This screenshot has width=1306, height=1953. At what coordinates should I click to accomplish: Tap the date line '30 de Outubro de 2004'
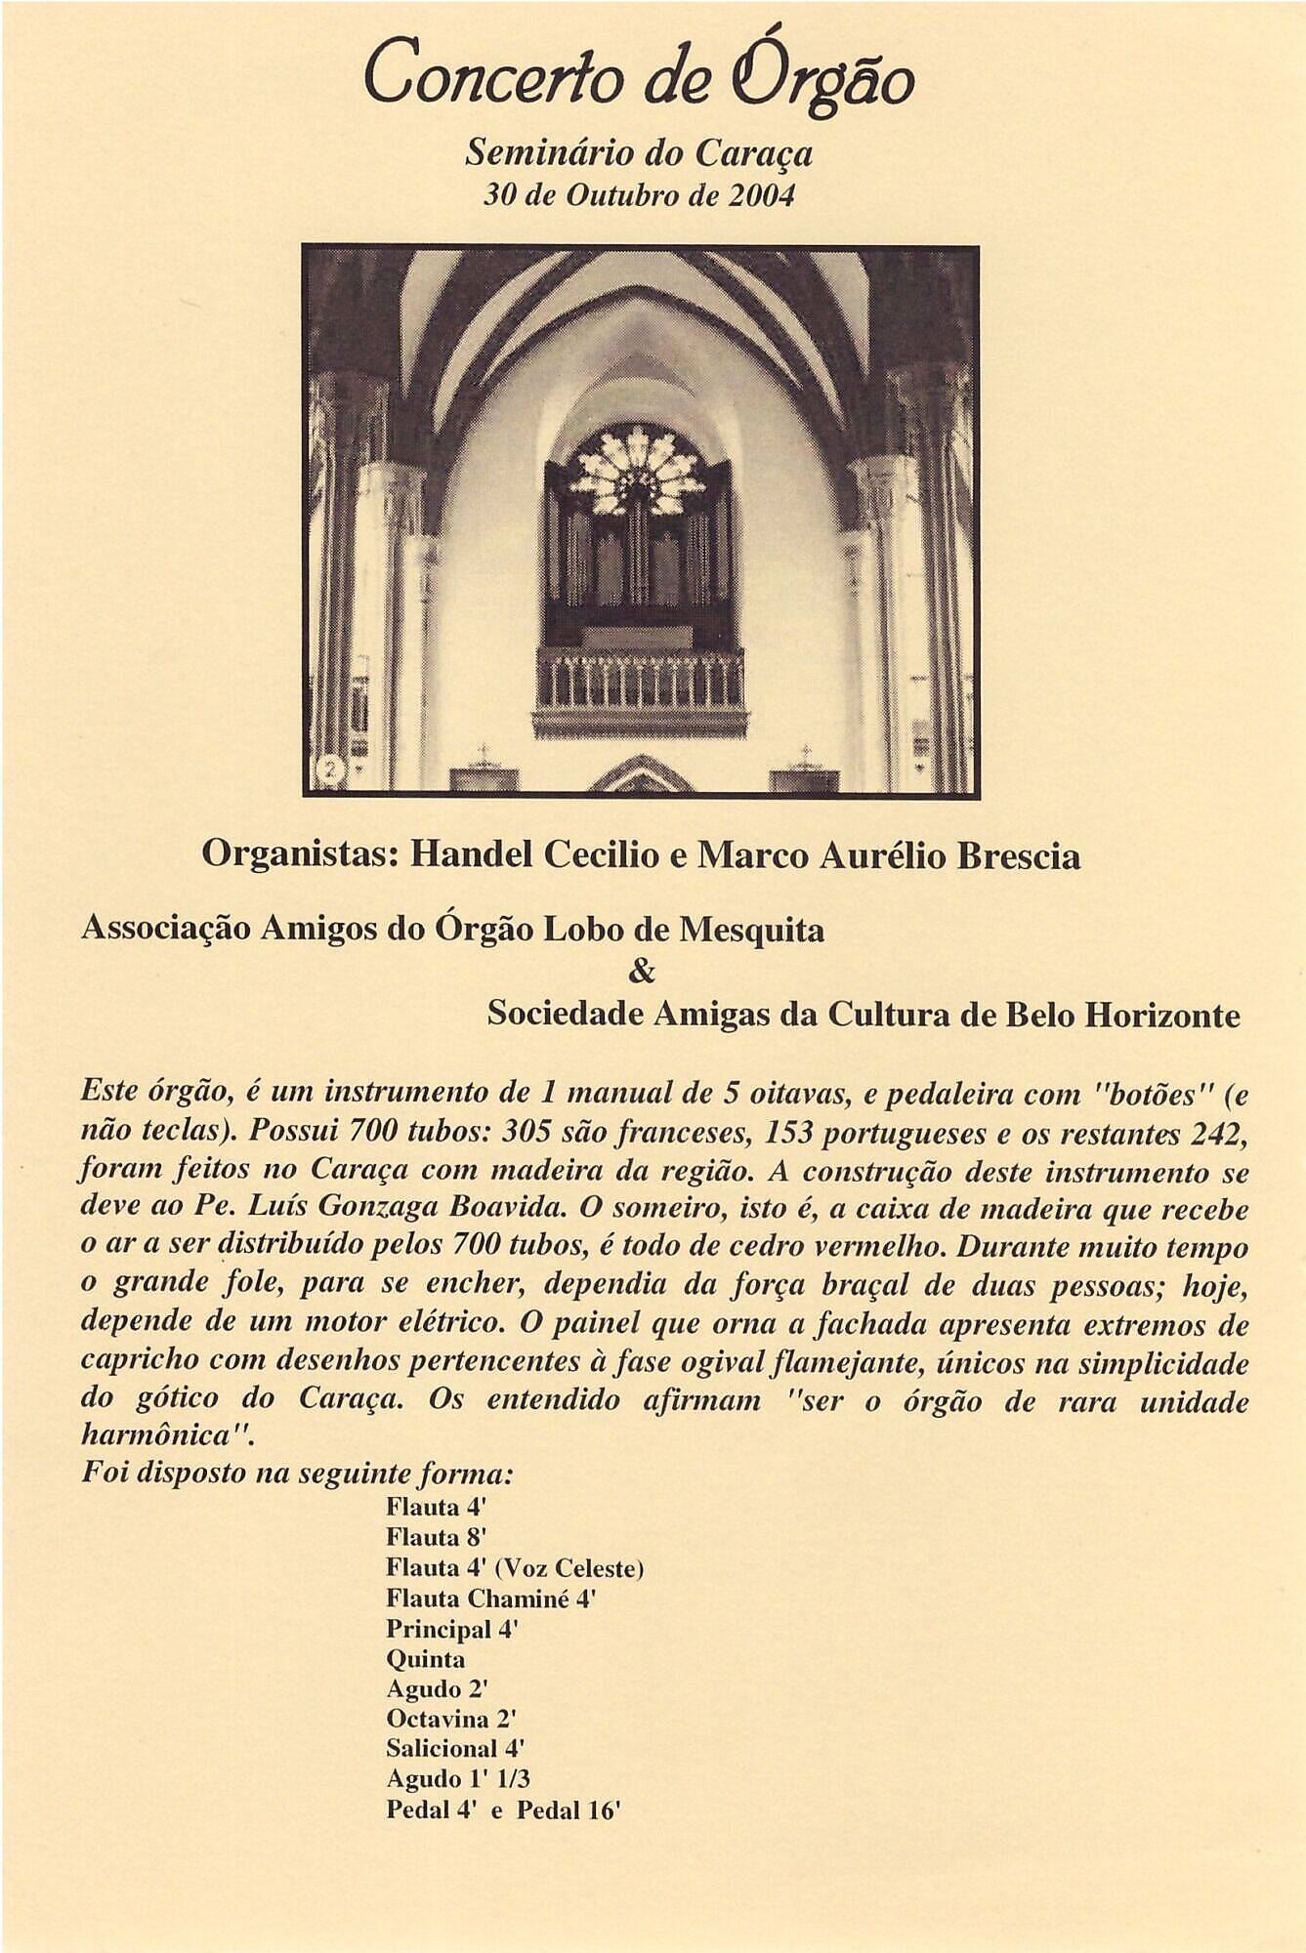pos(640,195)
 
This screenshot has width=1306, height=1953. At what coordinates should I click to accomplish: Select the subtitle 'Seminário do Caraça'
pos(640,153)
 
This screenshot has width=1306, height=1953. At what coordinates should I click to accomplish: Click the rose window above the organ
pos(638,468)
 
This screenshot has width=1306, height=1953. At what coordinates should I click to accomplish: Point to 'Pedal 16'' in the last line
pos(569,1809)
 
